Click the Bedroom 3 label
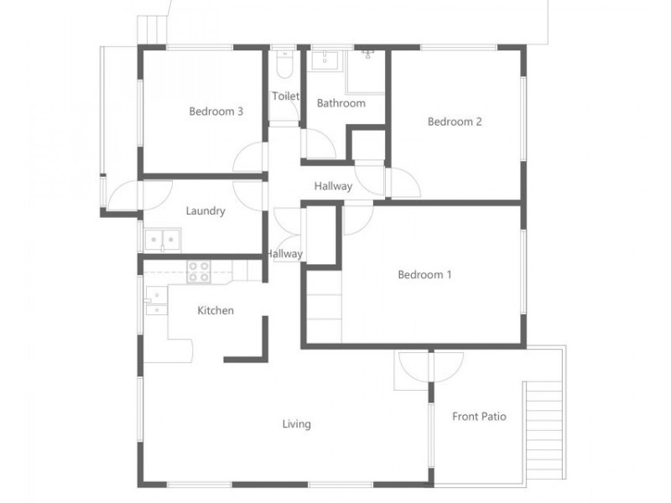click(216, 111)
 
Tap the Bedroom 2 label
click(455, 122)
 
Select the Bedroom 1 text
click(424, 275)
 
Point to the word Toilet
click(285, 96)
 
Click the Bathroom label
click(341, 103)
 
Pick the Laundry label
click(205, 211)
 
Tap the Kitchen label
click(216, 310)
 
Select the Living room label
click(297, 424)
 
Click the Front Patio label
click(479, 417)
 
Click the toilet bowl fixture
click(284, 65)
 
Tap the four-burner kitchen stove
click(199, 272)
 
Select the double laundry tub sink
click(163, 241)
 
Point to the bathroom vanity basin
click(325, 60)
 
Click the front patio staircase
click(544, 430)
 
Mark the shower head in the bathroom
click(368, 54)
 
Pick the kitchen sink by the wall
click(157, 301)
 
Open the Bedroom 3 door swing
click(249, 158)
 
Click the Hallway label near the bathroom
click(333, 186)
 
